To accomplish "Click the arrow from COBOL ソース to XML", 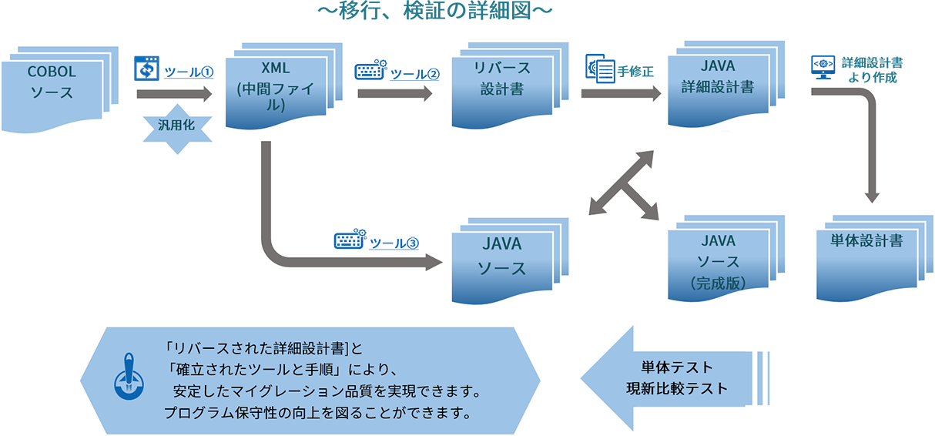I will click(x=173, y=95).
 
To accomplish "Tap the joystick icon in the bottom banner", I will click(x=126, y=380).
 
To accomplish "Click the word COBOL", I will click(x=52, y=72).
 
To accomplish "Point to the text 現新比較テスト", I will click(x=677, y=388).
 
